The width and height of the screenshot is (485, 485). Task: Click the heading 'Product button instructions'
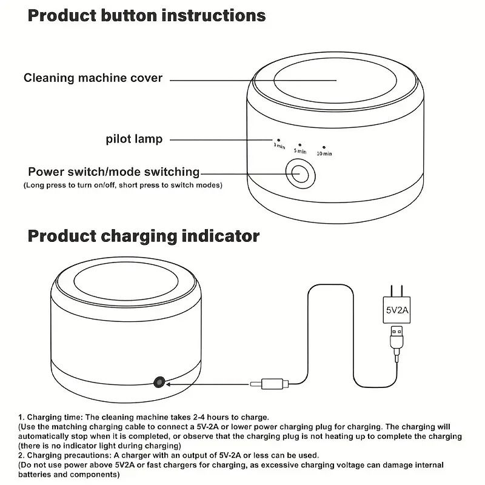point(147,16)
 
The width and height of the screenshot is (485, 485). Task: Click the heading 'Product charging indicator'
point(144,236)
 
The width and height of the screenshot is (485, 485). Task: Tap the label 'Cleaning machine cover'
point(93,78)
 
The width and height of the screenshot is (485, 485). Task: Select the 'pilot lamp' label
point(133,139)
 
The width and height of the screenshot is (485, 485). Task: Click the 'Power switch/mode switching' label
point(114,172)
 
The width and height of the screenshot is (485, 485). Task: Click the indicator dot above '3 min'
point(279,139)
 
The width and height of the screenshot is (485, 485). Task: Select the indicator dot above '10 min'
point(324,147)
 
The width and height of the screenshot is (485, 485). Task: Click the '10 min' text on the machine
point(324,154)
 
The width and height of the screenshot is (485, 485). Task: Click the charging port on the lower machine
point(159,381)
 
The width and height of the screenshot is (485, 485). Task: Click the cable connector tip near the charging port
point(267,383)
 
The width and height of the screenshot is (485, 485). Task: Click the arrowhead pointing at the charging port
point(170,383)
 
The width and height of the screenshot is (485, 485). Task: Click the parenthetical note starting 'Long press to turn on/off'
point(122,185)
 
